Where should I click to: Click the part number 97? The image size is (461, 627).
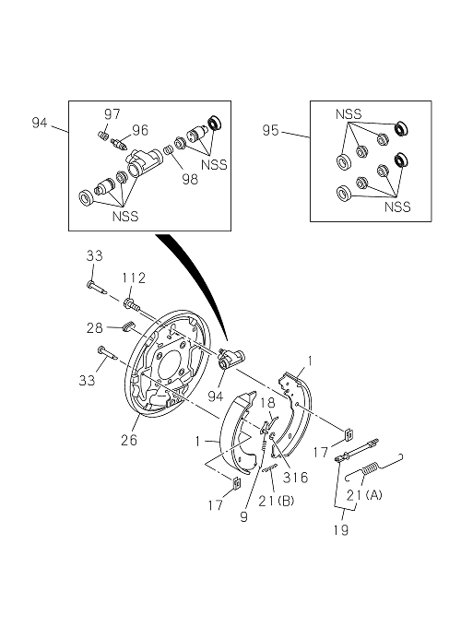pyautogui.click(x=112, y=114)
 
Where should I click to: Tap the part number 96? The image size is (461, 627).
pyautogui.click(x=140, y=130)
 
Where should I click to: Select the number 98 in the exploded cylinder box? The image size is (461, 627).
pyautogui.click(x=190, y=179)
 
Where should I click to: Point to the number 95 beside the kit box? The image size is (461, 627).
pyautogui.click(x=270, y=130)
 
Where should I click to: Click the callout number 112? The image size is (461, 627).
pyautogui.click(x=134, y=278)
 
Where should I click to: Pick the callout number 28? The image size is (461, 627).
pyautogui.click(x=95, y=328)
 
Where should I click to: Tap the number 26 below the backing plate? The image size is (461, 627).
pyautogui.click(x=129, y=440)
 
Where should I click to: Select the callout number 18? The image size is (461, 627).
pyautogui.click(x=268, y=403)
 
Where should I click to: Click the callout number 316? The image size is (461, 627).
pyautogui.click(x=295, y=477)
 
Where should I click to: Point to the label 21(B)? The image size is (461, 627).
pyautogui.click(x=276, y=501)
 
